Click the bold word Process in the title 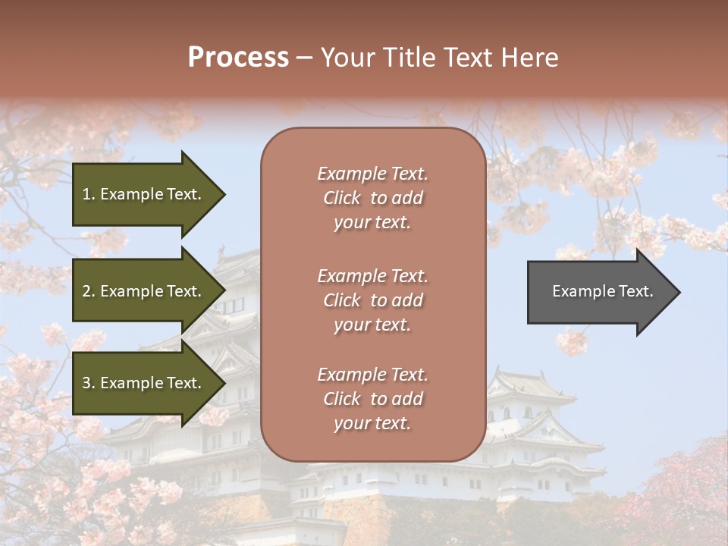click(x=238, y=58)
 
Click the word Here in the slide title click(x=529, y=58)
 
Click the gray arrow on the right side click(x=602, y=291)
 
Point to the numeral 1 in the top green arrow click(x=86, y=194)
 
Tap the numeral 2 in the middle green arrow click(x=86, y=291)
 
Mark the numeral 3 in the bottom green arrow click(x=86, y=383)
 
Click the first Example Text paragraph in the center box click(x=372, y=198)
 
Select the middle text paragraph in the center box click(x=372, y=300)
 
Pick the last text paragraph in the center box click(x=372, y=399)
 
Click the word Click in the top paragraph click(x=342, y=198)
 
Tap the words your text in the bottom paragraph click(x=372, y=423)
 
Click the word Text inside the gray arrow click(x=636, y=291)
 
